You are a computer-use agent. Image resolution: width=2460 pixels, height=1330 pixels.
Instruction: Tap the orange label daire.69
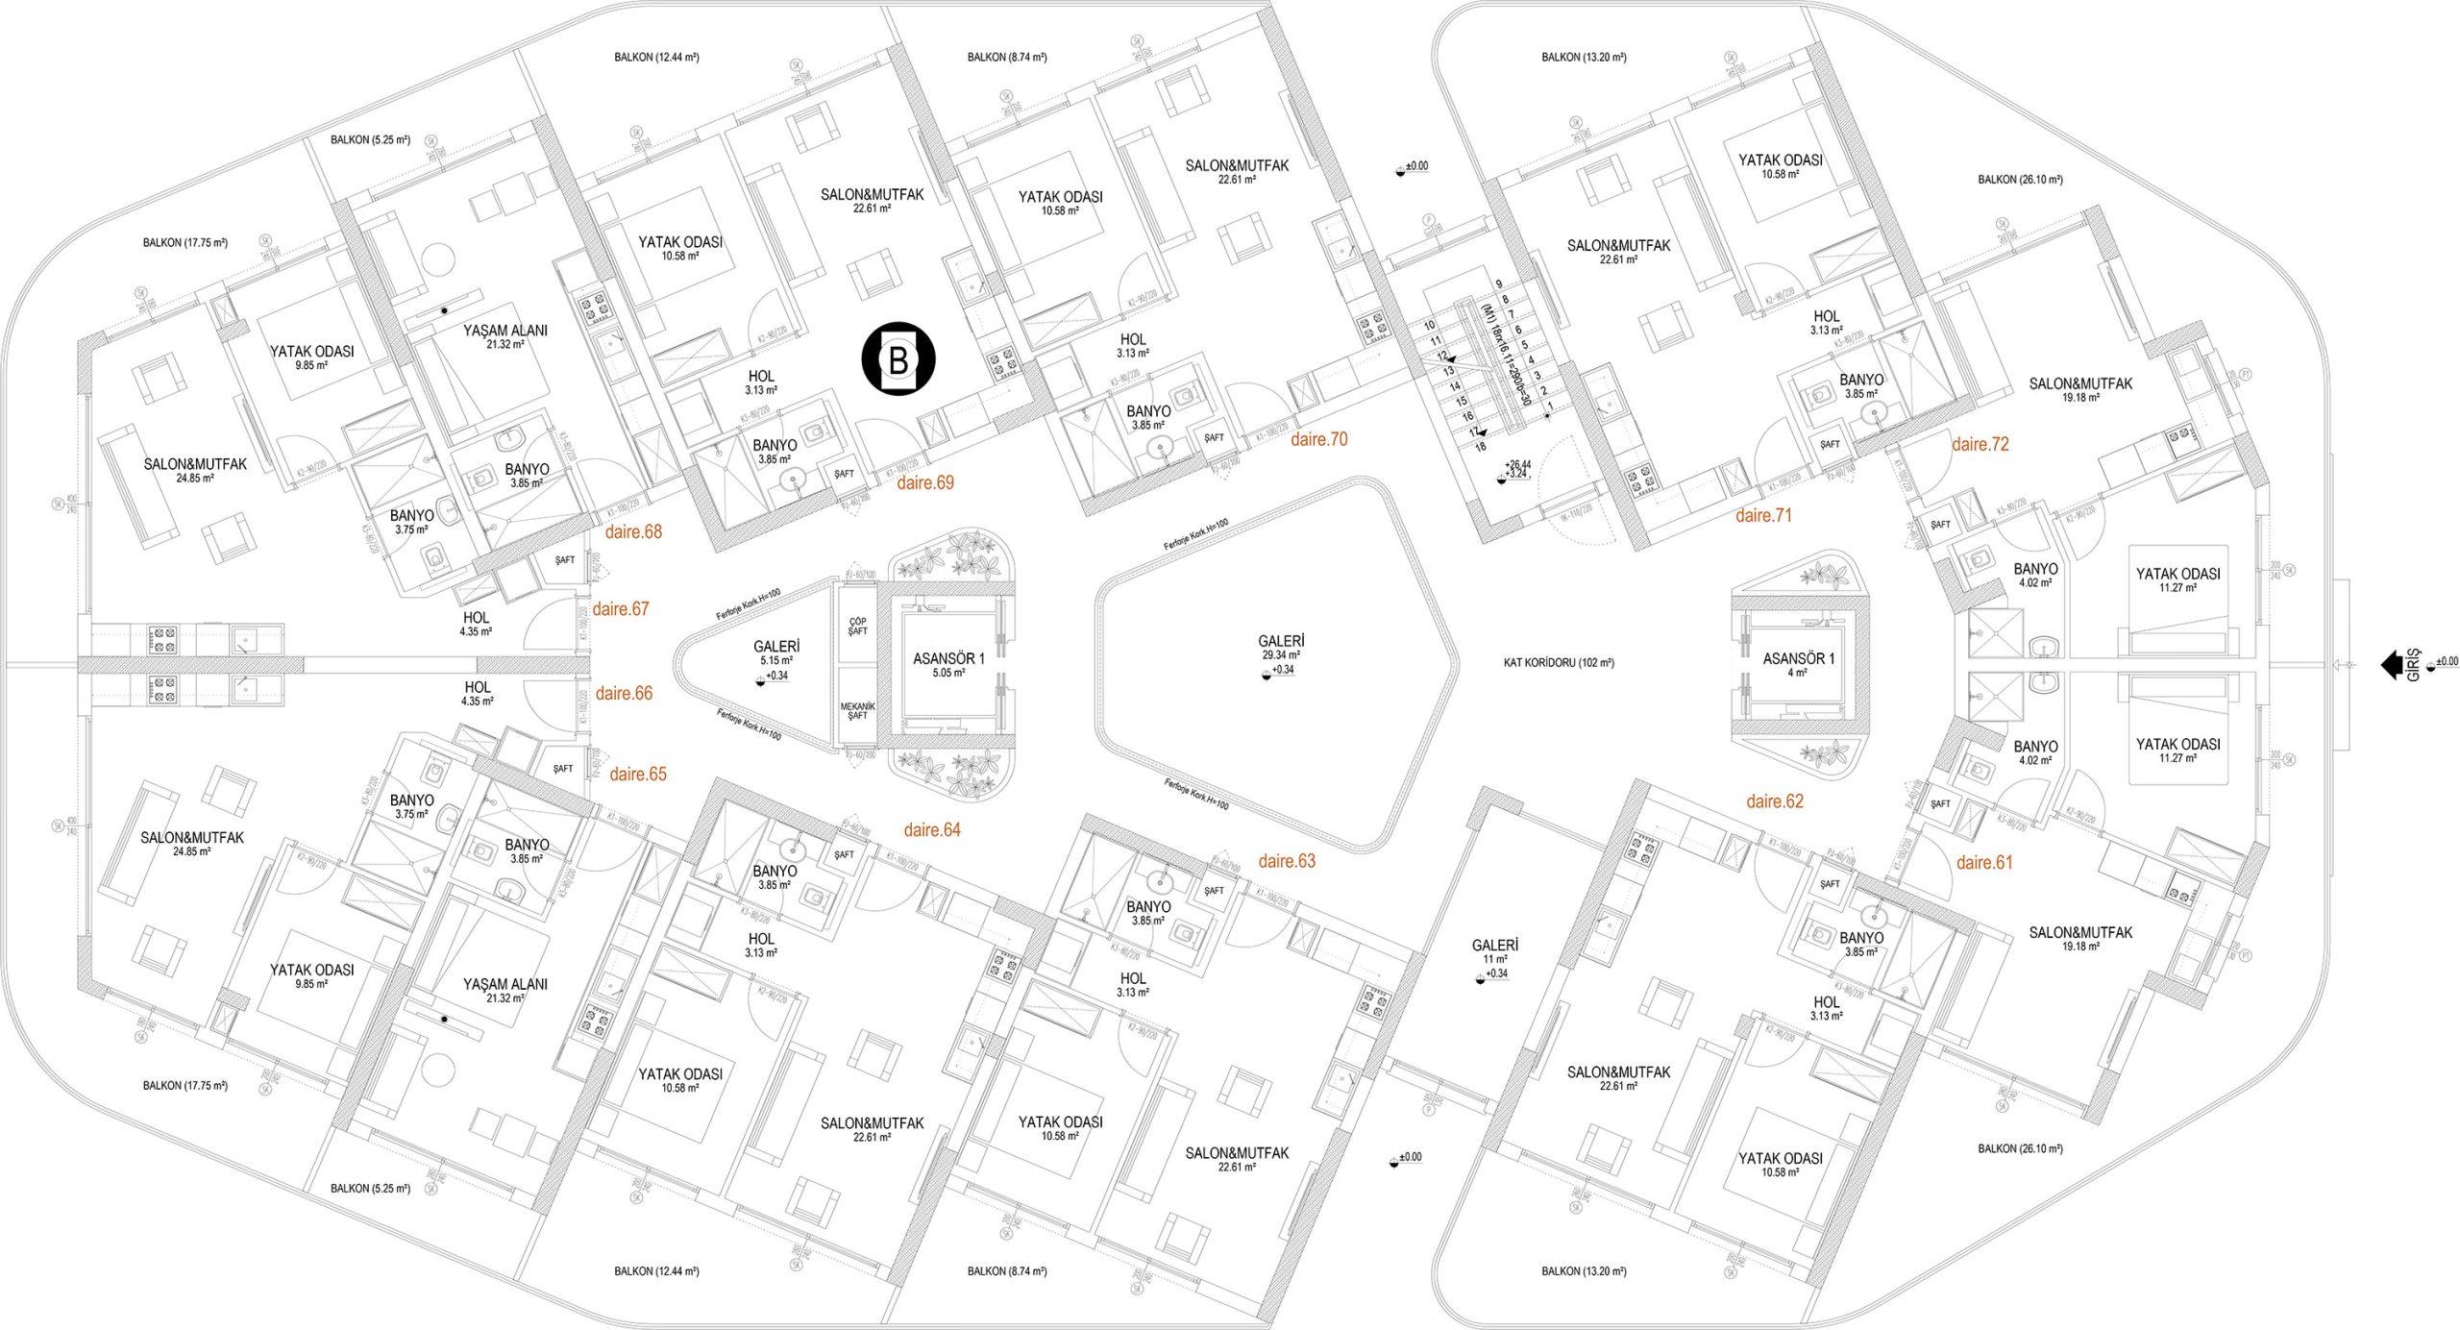tap(924, 482)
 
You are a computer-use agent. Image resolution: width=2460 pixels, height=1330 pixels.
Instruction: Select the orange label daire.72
tap(1980, 445)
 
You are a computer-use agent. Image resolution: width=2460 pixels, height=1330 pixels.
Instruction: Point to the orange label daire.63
tap(1287, 861)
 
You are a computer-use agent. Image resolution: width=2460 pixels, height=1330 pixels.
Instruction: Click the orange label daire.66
tap(624, 693)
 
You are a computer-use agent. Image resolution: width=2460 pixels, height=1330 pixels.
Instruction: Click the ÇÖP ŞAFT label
tap(857, 625)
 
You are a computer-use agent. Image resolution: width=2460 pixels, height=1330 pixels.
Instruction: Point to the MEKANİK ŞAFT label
tap(857, 708)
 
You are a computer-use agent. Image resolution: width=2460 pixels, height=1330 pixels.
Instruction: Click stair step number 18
tap(1481, 446)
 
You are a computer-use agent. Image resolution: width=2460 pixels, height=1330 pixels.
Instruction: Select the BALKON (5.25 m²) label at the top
tap(370, 140)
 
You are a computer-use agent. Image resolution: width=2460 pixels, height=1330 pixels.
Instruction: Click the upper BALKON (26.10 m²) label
tap(2020, 180)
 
